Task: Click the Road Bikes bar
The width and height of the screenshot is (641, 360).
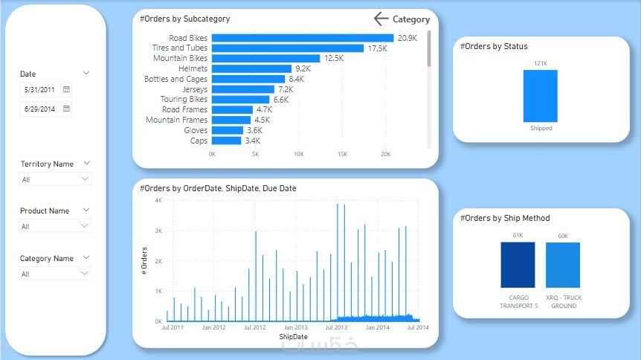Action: (x=302, y=38)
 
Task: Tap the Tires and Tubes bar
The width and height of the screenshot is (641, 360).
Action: (x=287, y=48)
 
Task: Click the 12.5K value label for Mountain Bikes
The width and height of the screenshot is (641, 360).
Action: (x=334, y=58)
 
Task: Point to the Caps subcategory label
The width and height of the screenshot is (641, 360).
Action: (x=199, y=141)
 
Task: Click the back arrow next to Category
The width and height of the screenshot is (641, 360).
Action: (x=381, y=19)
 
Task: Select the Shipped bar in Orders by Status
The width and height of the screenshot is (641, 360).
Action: (x=540, y=95)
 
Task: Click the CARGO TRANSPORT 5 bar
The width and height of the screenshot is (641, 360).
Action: (x=518, y=265)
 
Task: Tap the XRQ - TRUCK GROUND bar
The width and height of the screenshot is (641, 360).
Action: (x=563, y=265)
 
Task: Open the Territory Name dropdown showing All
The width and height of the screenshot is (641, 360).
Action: (x=55, y=179)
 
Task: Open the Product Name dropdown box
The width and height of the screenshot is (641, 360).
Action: (x=55, y=226)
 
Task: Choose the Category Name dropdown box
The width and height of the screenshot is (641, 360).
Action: (x=55, y=274)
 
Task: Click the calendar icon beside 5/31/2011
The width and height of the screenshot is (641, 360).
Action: (x=66, y=89)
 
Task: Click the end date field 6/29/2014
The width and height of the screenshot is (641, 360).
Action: (x=40, y=109)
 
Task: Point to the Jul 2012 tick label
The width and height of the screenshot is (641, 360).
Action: (x=255, y=327)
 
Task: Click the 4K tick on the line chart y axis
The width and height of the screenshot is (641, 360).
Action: (x=158, y=200)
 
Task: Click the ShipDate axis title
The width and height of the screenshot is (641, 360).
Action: (x=293, y=337)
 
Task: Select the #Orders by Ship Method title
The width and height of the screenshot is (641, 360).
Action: (x=505, y=218)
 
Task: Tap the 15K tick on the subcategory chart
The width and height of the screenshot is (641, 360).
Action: (x=342, y=155)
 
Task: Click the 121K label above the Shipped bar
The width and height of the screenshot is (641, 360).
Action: (x=540, y=63)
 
